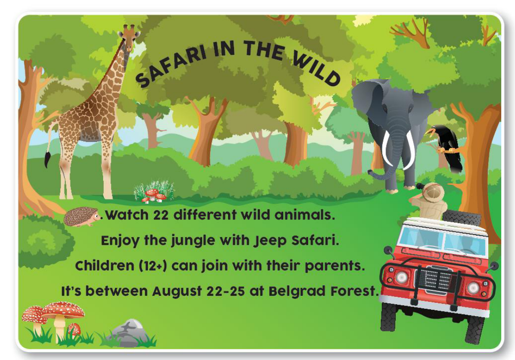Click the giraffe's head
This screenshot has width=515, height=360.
(129, 37)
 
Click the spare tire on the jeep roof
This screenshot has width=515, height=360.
(461, 217)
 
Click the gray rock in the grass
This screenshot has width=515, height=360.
(129, 332)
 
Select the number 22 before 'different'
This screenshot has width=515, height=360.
(161, 215)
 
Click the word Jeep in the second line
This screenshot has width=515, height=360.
(269, 241)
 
